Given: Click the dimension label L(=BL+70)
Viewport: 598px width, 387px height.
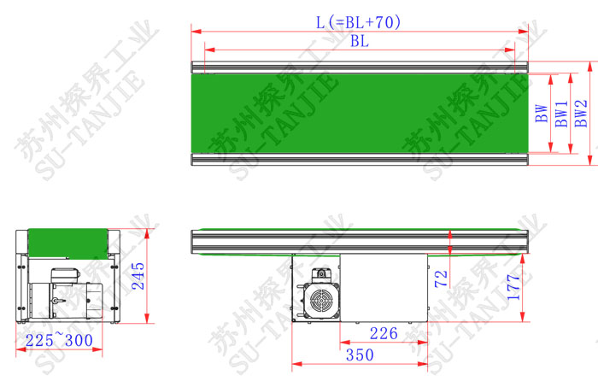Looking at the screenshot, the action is coord(358,22).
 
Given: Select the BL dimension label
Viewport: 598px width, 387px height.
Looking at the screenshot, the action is coord(360,41).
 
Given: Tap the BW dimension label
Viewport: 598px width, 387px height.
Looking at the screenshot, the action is coord(541,114).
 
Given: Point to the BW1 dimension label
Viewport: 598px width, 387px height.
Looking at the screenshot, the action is coord(561,114).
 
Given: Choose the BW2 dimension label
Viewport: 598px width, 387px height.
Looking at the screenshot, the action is coord(581,114).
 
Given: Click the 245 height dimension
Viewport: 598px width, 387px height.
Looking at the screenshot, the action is coord(138,276).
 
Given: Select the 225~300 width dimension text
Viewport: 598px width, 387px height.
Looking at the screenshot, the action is coord(59,340).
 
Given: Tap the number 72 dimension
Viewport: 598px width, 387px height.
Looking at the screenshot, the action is coord(441,279).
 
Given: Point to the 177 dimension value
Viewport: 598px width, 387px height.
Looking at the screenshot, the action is coord(513,287).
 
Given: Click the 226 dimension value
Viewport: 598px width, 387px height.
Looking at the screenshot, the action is coord(384,333).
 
